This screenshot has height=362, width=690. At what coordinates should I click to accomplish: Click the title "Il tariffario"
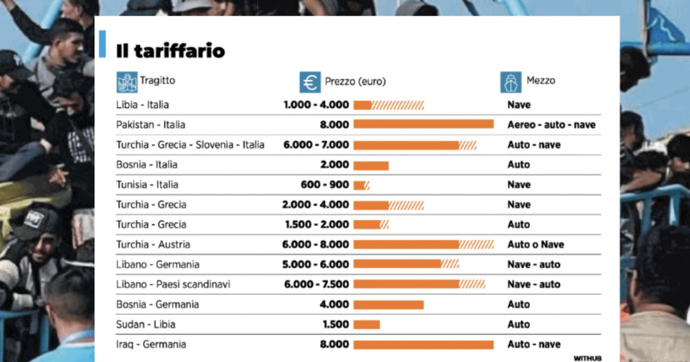pyautogui.click(x=170, y=51)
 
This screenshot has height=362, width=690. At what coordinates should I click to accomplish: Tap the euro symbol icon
pyautogui.click(x=310, y=82)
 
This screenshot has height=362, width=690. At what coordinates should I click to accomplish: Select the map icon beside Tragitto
pyautogui.click(x=127, y=82)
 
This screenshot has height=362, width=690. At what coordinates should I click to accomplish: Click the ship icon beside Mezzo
pyautogui.click(x=511, y=82)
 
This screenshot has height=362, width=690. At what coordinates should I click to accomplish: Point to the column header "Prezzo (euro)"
pyautogui.click(x=355, y=82)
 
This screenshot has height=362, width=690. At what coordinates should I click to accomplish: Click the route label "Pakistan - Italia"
pyautogui.click(x=151, y=125)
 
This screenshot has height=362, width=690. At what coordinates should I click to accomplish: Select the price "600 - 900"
pyautogui.click(x=324, y=184)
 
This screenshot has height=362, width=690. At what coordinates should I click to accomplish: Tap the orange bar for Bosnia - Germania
pyautogui.click(x=388, y=305)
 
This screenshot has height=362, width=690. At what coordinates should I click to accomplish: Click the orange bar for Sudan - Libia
pyautogui.click(x=366, y=325)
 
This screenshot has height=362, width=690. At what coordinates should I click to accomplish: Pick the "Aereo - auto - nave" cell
pyautogui.click(x=551, y=125)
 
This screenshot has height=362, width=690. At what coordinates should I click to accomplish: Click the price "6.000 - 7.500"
pyautogui.click(x=316, y=284)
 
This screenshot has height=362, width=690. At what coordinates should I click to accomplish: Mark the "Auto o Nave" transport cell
pyautogui.click(x=535, y=245)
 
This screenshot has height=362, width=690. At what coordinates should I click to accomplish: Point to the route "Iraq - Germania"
pyautogui.click(x=151, y=344)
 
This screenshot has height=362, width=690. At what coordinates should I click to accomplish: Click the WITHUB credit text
pyautogui.click(x=587, y=358)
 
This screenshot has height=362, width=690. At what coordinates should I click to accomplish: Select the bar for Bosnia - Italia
pyautogui.click(x=371, y=165)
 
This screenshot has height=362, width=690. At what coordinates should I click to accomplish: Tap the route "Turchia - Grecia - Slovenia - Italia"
pyautogui.click(x=190, y=145)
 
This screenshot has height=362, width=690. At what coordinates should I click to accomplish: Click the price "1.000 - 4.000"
pyautogui.click(x=316, y=105)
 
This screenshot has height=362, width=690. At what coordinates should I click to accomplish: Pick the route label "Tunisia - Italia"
pyautogui.click(x=147, y=184)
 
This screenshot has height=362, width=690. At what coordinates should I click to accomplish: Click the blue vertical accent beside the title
pyautogui.click(x=102, y=44)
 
